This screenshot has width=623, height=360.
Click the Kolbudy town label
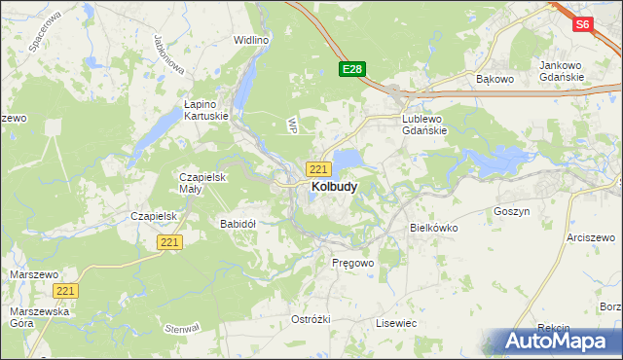tap(333, 186)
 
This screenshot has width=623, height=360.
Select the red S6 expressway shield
tap(582, 25)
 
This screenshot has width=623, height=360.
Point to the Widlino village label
tap(250, 40)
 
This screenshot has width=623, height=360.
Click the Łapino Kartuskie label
tap(206, 108)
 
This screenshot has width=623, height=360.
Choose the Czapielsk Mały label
tap(202, 183)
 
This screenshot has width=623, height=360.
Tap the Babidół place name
tap(238, 223)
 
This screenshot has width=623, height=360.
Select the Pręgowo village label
tap(352, 263)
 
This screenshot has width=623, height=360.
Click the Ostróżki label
tap(311, 319)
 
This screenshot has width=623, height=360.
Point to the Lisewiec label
tap(396, 322)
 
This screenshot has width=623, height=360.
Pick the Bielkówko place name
tap(433, 227)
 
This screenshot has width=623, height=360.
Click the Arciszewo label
tap(594, 237)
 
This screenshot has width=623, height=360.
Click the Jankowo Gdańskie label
tap(561, 71)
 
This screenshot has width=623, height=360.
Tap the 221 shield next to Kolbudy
tap(318, 168)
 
